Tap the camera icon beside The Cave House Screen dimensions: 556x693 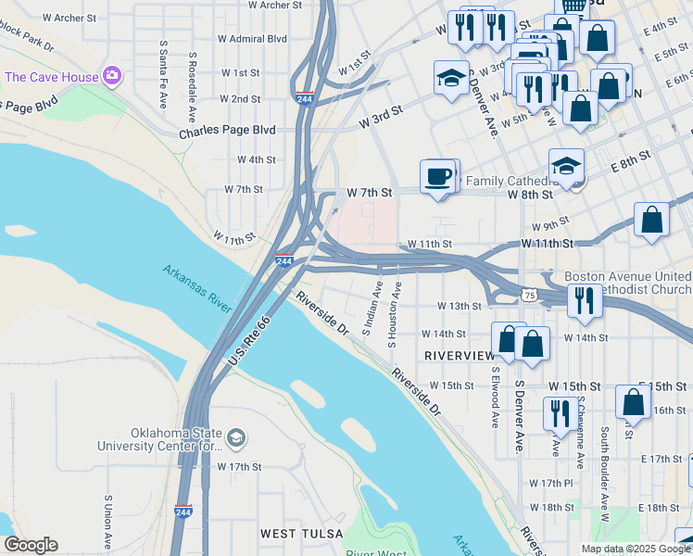(112, 75)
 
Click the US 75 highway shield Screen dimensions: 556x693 (528, 295)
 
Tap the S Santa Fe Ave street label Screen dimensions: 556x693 (162, 74)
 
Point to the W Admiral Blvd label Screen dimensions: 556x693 (252, 39)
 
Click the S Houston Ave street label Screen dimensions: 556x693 (393, 316)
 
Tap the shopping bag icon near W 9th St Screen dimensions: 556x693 (652, 221)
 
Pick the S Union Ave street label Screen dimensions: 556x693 (108, 523)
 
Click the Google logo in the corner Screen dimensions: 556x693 (31, 545)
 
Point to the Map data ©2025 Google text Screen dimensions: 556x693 (635, 549)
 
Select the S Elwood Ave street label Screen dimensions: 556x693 (496, 397)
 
